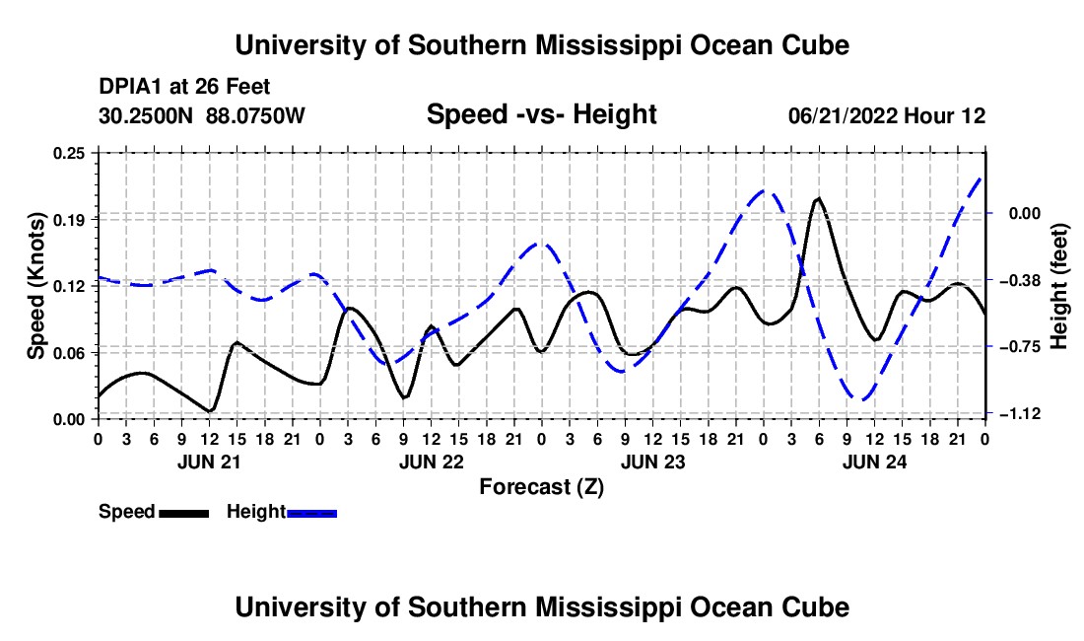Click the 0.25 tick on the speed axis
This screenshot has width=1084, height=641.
[69, 153]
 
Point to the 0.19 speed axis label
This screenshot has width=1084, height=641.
[69, 220]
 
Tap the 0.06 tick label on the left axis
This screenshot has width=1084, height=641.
[69, 353]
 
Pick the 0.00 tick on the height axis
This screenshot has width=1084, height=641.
[1025, 213]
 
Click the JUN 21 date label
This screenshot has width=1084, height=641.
[209, 462]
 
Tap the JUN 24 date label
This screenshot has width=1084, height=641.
[874, 462]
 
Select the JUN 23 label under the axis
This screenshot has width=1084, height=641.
[652, 462]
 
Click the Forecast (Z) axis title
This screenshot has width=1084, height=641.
[541, 487]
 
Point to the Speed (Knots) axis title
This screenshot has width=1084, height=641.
[35, 286]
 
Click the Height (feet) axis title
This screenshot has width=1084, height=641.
[1058, 286]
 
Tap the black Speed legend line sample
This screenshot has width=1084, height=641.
[184, 513]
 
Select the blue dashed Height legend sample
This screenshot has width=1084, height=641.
[311, 513]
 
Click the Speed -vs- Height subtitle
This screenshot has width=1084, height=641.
[541, 114]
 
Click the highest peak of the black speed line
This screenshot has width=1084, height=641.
[819, 198]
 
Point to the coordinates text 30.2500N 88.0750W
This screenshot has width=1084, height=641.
[201, 115]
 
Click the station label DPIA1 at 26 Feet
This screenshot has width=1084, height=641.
[184, 87]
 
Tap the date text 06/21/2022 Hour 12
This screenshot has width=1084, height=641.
[887, 115]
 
